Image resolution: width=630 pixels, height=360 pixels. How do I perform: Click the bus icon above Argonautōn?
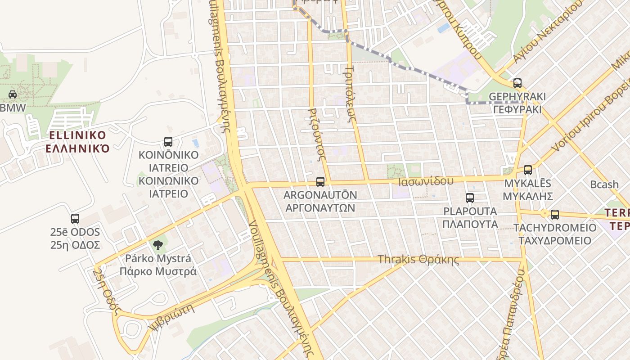click(x=320, y=182)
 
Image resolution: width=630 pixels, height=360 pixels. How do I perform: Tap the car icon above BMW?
click(x=13, y=94)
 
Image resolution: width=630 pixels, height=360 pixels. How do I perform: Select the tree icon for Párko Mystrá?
click(x=157, y=245)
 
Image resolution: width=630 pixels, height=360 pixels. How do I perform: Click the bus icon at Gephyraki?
click(x=517, y=83)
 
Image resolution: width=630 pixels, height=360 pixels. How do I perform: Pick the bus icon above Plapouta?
click(x=470, y=198)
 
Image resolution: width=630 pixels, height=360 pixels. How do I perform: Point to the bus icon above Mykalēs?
click(x=528, y=170)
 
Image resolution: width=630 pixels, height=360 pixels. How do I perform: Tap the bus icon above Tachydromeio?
click(x=555, y=215)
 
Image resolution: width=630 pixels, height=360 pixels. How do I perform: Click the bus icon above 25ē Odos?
click(x=75, y=219)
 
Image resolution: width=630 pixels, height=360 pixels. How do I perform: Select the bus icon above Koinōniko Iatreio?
click(x=168, y=142)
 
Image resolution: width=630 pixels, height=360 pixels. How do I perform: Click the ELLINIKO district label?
click(x=77, y=135)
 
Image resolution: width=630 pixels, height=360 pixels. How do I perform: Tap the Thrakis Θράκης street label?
click(x=418, y=260)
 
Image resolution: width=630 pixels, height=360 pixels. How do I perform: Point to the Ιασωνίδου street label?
click(x=426, y=181)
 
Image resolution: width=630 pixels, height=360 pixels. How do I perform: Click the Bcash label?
click(x=604, y=184)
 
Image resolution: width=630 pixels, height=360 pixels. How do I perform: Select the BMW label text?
click(x=13, y=108)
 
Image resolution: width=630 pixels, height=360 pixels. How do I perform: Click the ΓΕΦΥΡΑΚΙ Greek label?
click(x=517, y=110)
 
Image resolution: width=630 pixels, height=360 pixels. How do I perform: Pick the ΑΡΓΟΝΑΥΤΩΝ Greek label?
click(x=320, y=208)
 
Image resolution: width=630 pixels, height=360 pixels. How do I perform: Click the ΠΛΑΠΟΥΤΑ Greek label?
click(x=470, y=224)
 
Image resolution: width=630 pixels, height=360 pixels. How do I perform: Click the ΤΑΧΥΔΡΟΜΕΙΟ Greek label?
click(x=555, y=241)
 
